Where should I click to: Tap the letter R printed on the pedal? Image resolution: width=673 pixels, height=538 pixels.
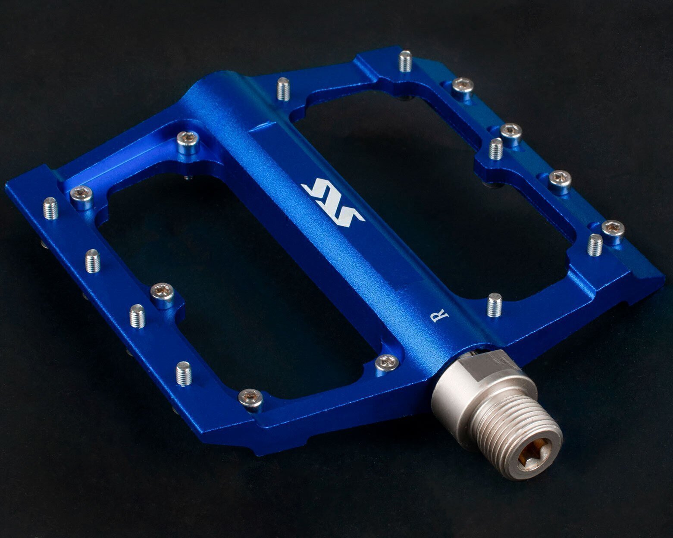click(440, 316)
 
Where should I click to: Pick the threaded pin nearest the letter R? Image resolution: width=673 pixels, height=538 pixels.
click(495, 305)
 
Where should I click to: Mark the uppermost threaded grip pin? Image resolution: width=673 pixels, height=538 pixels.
click(406, 61)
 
